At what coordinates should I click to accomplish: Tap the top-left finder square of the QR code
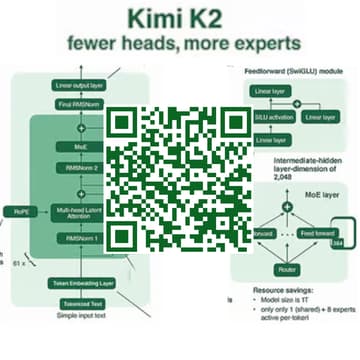click(122, 122)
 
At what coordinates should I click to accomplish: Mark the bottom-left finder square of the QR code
click(122, 234)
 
